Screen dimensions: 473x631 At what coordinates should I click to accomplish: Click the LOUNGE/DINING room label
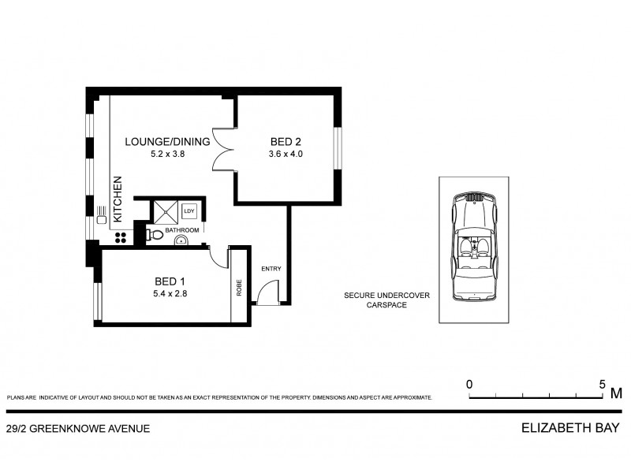[x=167, y=142]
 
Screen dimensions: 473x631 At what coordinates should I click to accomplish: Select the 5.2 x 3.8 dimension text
[x=167, y=155]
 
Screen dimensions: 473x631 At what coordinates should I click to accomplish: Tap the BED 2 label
[x=286, y=142]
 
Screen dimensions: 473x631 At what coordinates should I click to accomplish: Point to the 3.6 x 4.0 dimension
[x=286, y=155]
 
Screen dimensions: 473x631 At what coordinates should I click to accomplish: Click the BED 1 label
[x=170, y=281]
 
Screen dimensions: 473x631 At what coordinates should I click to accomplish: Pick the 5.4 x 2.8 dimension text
[x=170, y=294]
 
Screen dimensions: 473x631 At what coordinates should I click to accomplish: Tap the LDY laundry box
[x=189, y=211]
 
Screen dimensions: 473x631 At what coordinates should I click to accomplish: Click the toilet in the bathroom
[x=154, y=235]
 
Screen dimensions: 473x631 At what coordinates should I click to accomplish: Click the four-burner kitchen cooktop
[x=122, y=235]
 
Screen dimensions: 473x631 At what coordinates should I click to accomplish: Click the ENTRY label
[x=271, y=270]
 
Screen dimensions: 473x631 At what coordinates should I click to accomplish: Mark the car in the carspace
[x=475, y=246]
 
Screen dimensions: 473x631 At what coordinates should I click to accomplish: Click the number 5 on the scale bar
[x=602, y=384]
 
